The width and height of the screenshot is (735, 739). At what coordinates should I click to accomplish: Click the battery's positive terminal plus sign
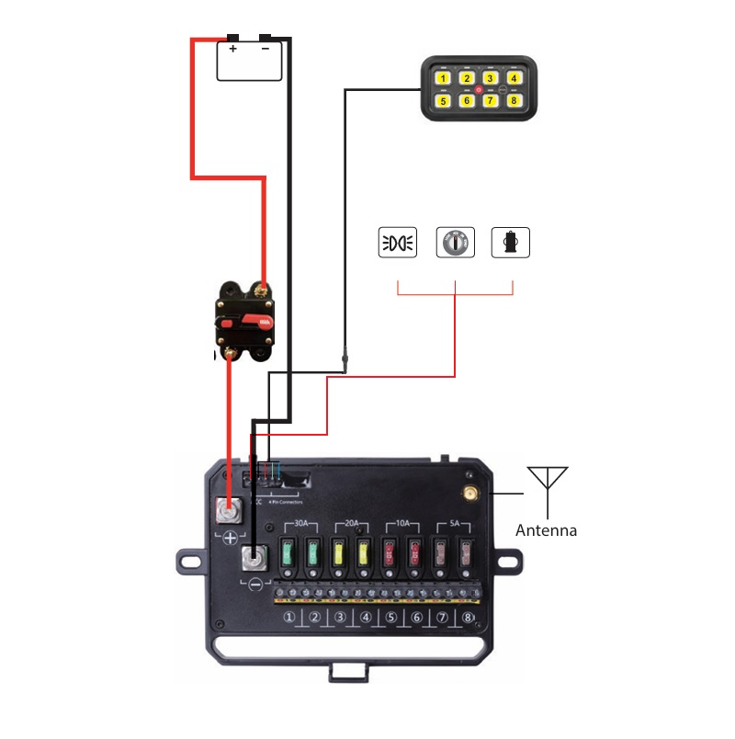233,49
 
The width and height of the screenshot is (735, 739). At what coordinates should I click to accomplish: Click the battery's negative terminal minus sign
266,49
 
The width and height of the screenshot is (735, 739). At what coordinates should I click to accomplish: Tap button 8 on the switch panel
514,100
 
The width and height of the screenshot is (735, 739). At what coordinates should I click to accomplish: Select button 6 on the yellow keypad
467,100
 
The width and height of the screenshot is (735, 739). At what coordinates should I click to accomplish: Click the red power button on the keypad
479,89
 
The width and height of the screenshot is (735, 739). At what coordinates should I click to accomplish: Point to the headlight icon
398,242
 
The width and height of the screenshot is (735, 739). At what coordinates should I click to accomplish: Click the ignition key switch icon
455,242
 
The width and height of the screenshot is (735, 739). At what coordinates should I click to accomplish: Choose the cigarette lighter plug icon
511,242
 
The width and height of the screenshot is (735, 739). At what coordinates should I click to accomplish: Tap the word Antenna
546,530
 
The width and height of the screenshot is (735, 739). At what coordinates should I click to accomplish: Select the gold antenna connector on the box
470,495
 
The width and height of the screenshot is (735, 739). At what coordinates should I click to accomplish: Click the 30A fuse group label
300,523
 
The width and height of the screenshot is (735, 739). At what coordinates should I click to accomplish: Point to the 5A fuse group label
454,523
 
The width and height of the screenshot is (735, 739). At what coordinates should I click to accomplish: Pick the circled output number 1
289,618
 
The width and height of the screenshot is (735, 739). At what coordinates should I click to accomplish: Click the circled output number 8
469,618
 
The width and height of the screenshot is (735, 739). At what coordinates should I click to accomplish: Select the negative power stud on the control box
254,557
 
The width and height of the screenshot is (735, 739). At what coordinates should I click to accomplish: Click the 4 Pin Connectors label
284,502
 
